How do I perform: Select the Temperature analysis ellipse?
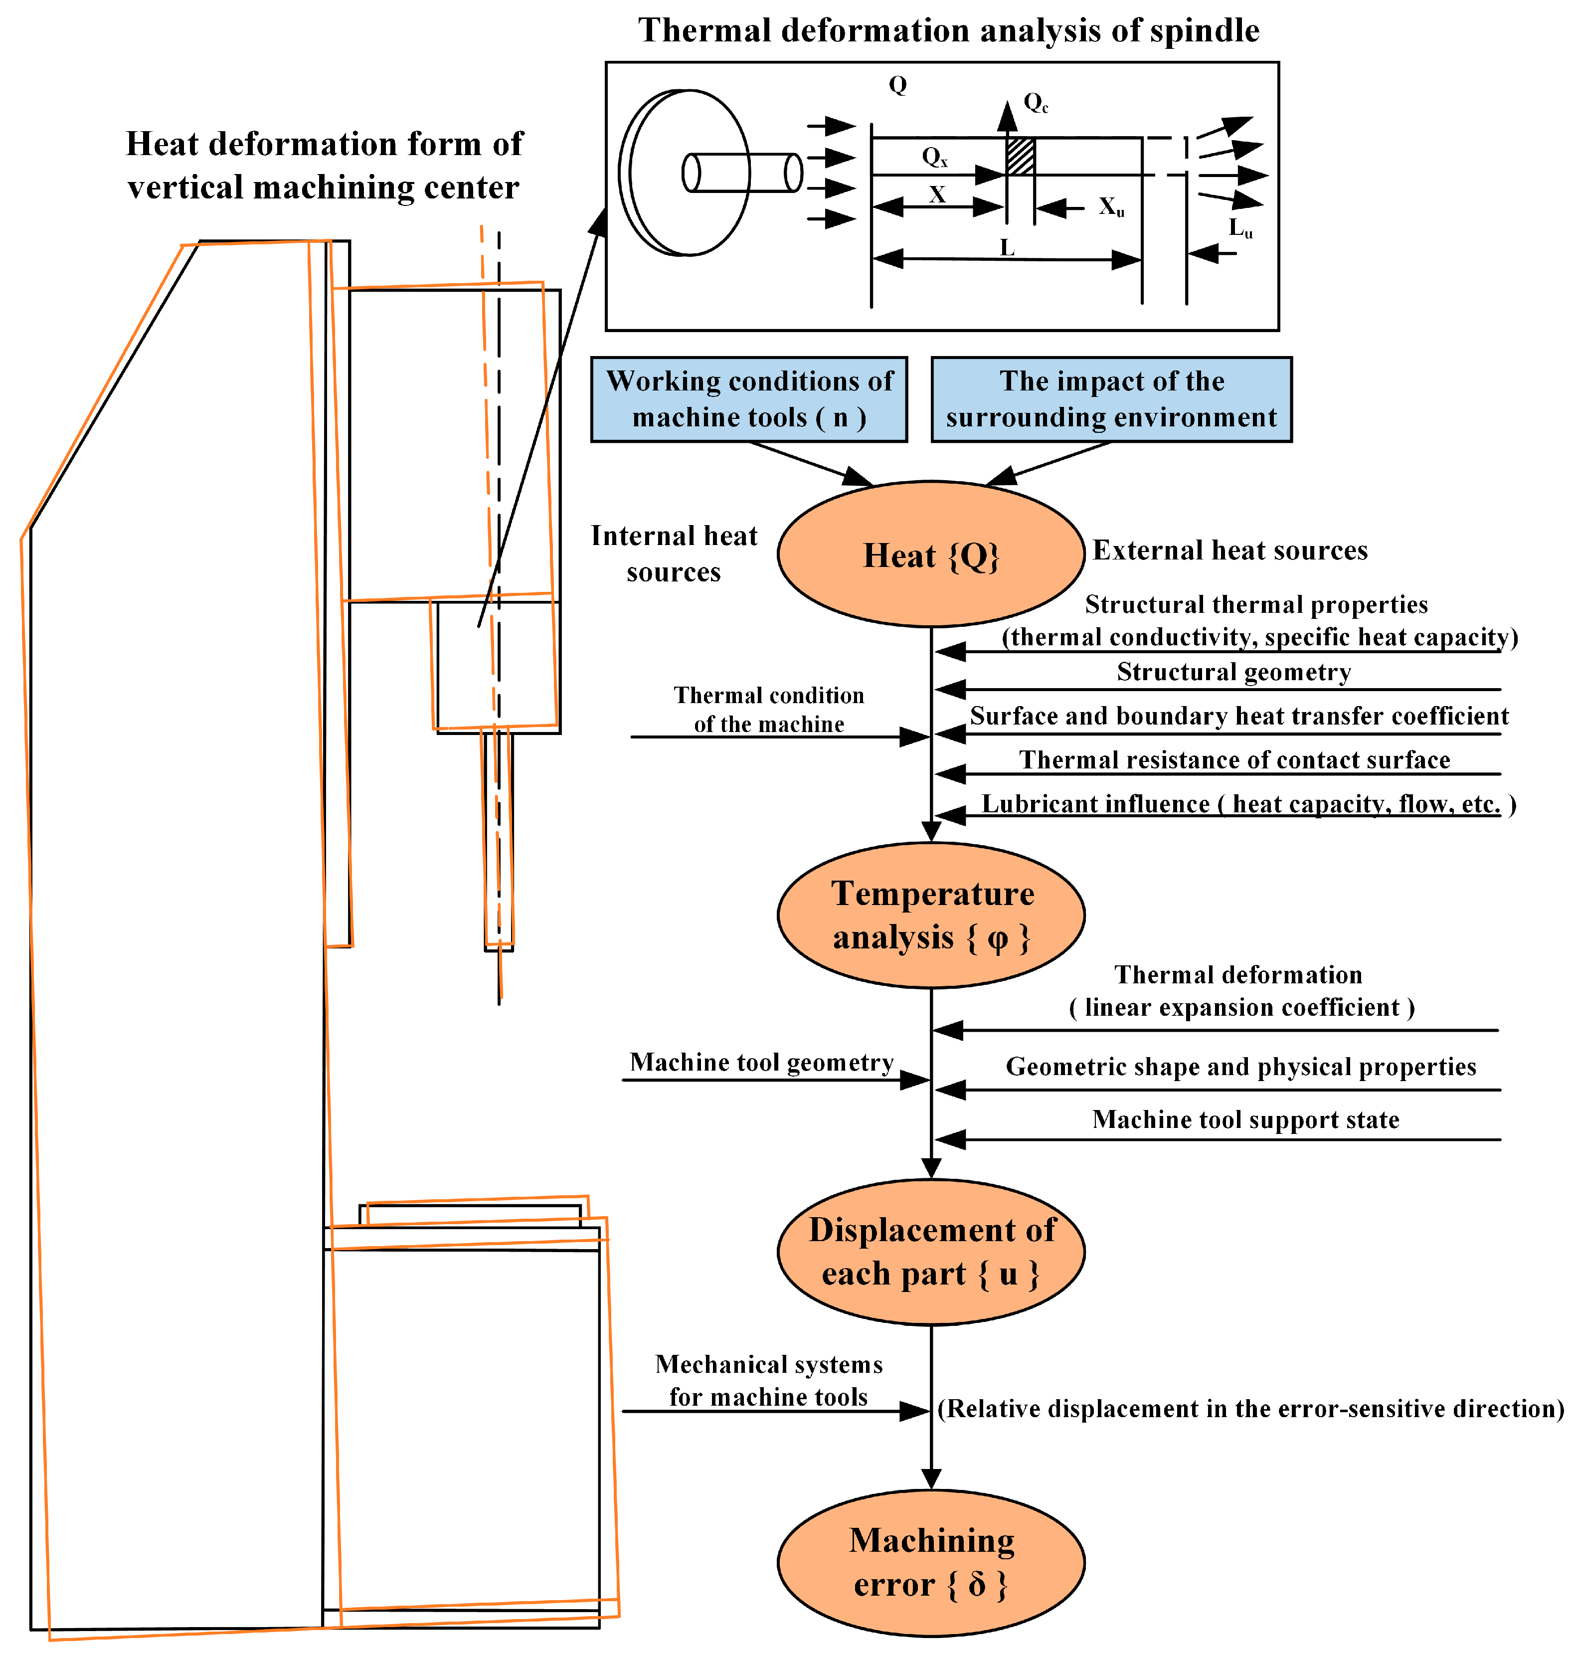[x=931, y=916]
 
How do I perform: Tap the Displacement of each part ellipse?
[x=931, y=1252]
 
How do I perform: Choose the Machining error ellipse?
[x=931, y=1563]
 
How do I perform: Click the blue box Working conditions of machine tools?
[x=749, y=399]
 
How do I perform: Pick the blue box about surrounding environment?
[x=1111, y=399]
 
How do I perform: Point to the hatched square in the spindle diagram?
[x=1021, y=157]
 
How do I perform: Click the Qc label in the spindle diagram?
[x=1036, y=103]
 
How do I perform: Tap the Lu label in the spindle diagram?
[x=1240, y=228]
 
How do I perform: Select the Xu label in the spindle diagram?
[x=1111, y=207]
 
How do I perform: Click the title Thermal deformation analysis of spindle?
[x=948, y=31]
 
